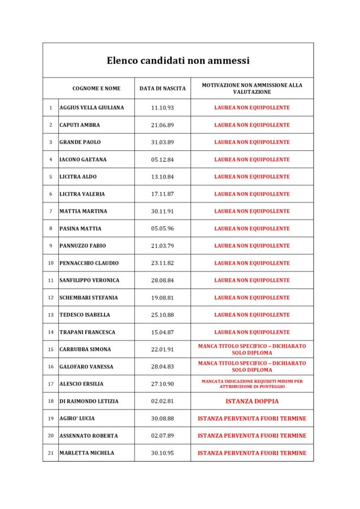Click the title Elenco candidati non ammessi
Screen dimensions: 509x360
(178, 61)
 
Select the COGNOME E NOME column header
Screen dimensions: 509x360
(96, 88)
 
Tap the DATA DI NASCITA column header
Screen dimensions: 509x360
(162, 88)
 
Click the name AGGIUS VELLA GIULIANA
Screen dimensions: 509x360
(92, 107)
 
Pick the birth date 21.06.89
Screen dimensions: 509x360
(162, 125)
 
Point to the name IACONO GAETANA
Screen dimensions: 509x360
(83, 159)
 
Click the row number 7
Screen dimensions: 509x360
(50, 212)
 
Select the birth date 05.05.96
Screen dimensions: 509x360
(162, 228)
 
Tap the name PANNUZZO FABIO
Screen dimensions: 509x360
(83, 246)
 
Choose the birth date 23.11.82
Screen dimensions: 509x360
(162, 263)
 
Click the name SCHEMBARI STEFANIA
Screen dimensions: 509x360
(89, 297)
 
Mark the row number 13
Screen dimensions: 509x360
(50, 315)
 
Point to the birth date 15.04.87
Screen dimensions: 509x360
(162, 332)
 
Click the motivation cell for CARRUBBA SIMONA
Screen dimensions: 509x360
(251, 350)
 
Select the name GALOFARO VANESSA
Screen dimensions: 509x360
(86, 366)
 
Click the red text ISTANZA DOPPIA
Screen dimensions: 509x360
(251, 402)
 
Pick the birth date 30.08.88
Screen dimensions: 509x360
(162, 419)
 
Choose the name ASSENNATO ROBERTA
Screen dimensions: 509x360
(89, 436)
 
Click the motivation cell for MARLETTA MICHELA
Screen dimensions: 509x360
(251, 453)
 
